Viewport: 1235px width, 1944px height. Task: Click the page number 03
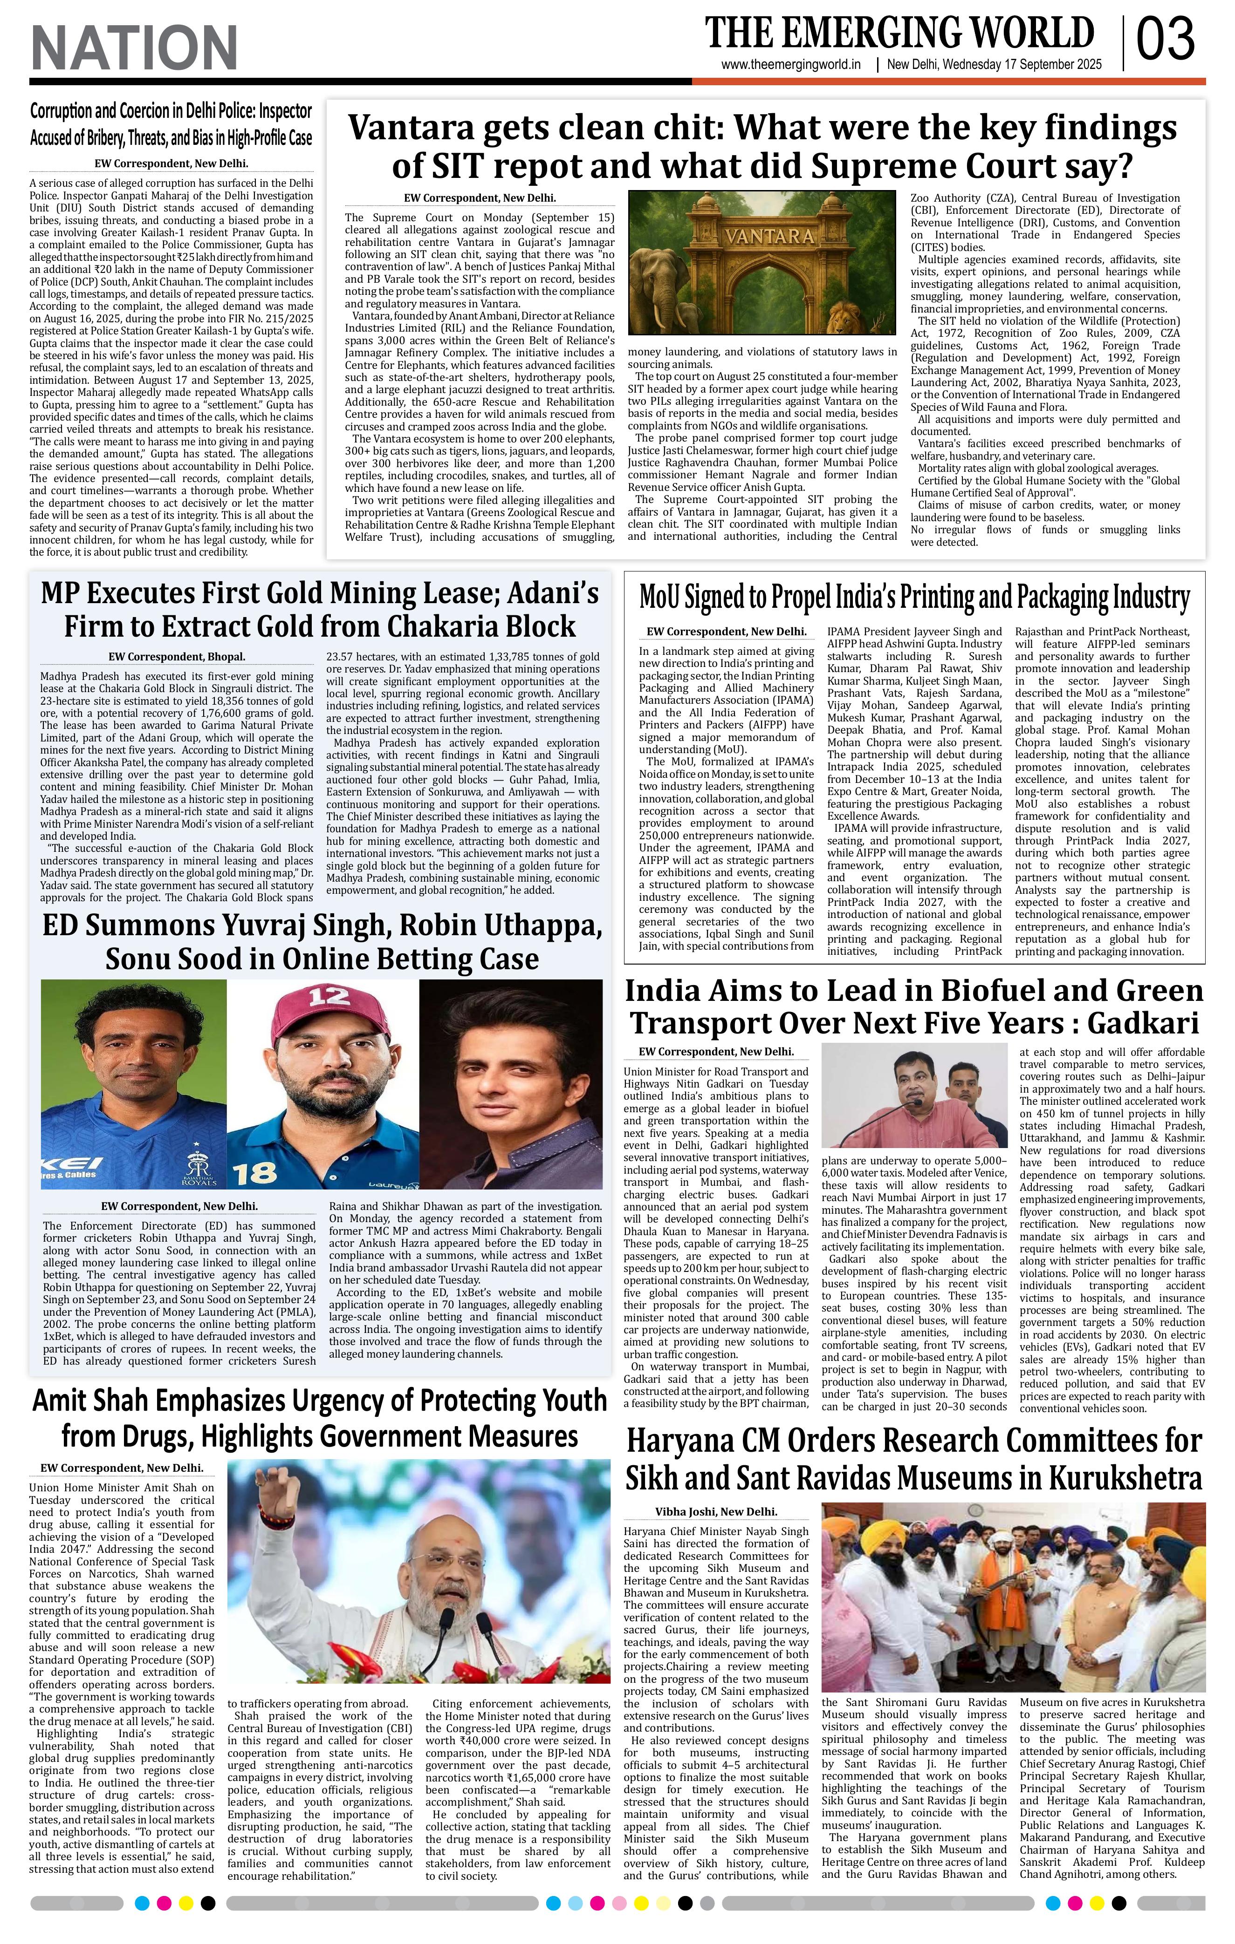click(x=1166, y=41)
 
